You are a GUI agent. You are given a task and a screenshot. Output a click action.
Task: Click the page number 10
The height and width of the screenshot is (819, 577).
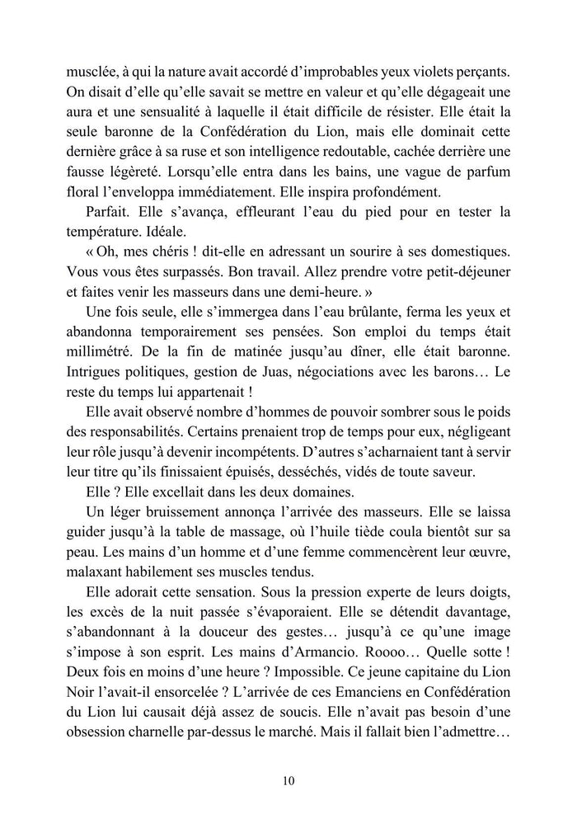(288, 781)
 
